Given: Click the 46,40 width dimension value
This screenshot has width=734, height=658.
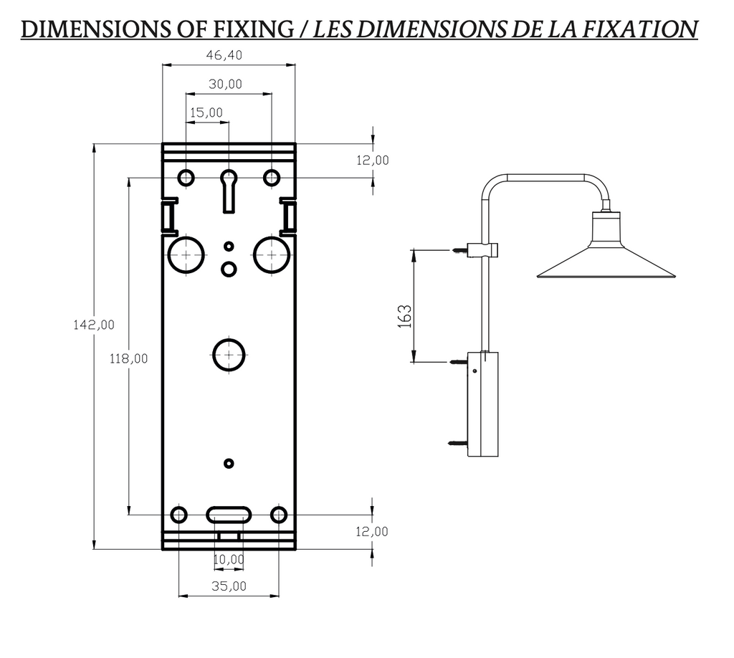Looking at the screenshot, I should click(225, 55).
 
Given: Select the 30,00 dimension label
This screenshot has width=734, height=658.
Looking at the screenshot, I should click(225, 84).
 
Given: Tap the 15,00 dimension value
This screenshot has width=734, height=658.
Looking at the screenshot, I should click(206, 113).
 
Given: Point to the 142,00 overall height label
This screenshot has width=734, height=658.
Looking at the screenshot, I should click(94, 325).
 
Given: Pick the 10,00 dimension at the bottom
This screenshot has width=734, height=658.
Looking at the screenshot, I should click(229, 559).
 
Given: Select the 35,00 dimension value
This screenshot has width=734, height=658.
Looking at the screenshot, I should click(229, 586).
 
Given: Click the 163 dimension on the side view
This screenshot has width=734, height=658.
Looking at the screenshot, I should click(404, 316).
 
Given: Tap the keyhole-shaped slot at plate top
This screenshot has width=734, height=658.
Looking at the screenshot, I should click(229, 189).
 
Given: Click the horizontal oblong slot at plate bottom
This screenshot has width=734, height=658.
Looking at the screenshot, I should click(229, 515).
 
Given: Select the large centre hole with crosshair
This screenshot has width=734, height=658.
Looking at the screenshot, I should click(229, 355).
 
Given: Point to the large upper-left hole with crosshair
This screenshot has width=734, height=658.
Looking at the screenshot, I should click(186, 254).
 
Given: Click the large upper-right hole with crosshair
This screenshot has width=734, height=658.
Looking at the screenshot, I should click(271, 254).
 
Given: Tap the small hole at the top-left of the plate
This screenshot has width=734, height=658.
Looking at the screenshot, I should click(186, 177).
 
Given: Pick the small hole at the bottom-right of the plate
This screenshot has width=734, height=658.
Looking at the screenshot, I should click(279, 515).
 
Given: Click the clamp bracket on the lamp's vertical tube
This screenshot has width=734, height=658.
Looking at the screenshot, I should click(485, 249).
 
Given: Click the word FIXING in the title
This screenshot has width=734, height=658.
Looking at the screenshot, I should click(254, 29).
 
